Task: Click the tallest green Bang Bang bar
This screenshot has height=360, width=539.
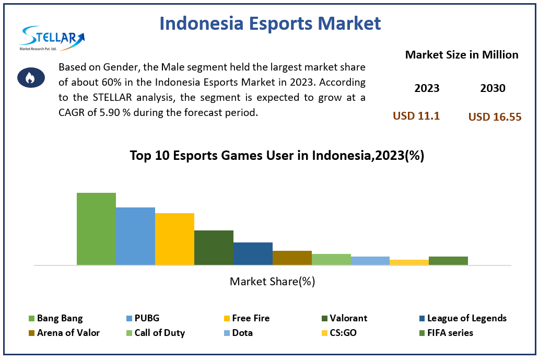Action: [x=96, y=229]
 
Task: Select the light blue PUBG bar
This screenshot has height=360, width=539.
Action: [x=135, y=236]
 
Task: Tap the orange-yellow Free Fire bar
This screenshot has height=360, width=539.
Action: [x=174, y=239]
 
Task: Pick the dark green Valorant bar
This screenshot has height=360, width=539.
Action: [x=214, y=248]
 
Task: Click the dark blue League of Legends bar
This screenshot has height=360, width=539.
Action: [x=253, y=253]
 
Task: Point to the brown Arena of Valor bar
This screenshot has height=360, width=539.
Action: [x=292, y=258]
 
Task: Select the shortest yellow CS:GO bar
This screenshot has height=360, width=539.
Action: [x=409, y=262]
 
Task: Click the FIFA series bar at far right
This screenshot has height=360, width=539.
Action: [x=448, y=261]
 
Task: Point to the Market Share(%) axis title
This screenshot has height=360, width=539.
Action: [x=272, y=282]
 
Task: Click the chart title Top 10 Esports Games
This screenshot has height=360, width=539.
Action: [x=277, y=156]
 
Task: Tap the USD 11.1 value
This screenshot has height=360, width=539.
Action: [x=416, y=116]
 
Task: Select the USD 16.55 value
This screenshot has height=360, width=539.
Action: [x=495, y=117]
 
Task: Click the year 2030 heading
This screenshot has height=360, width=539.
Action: [x=493, y=88]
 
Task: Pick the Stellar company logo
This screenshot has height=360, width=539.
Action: [x=51, y=38]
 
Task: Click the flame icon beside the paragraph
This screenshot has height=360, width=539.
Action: [x=31, y=78]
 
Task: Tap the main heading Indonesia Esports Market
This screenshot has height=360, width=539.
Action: [x=270, y=24]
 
